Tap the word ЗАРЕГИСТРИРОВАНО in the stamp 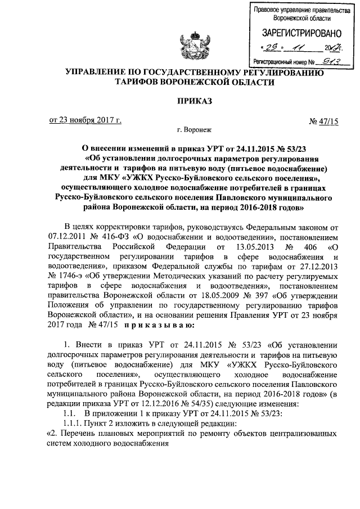pyautogui.click(x=297, y=33)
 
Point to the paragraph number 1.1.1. pyautogui.click(x=73, y=423)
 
